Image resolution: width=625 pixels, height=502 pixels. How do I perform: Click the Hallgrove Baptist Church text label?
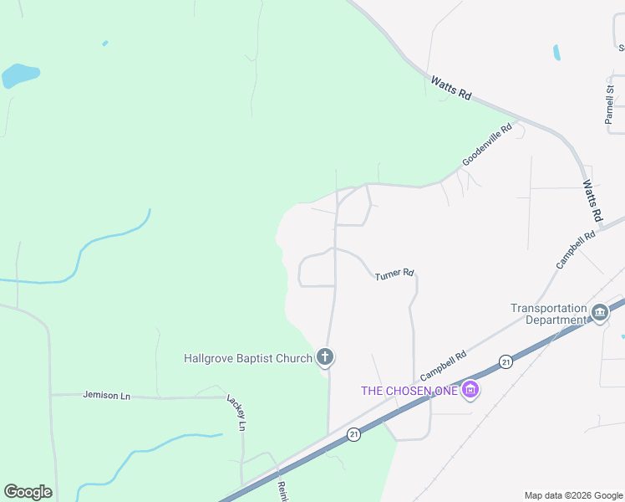(247, 359)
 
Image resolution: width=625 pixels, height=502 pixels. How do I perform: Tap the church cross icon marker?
(325, 358)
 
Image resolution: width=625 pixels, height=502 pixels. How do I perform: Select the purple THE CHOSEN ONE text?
(409, 391)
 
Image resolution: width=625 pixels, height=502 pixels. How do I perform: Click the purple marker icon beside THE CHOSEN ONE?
(470, 390)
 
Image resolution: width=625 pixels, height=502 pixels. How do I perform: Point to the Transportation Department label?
(548, 314)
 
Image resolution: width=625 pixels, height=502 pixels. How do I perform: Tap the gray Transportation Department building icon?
(599, 314)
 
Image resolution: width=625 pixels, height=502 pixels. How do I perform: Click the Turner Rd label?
(394, 274)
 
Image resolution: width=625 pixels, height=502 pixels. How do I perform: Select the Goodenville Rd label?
(486, 145)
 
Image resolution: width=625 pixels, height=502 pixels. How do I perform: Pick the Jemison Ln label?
(108, 394)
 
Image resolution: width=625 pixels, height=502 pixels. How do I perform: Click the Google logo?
(28, 492)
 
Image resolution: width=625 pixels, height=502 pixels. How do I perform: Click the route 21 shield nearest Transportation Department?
(506, 361)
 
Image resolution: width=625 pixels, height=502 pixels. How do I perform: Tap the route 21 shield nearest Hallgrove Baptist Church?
(354, 435)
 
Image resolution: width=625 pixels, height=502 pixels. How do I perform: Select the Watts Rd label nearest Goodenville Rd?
(451, 89)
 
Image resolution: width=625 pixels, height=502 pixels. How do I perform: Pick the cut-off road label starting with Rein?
(282, 492)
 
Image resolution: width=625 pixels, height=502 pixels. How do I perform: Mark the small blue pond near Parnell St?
(556, 52)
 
